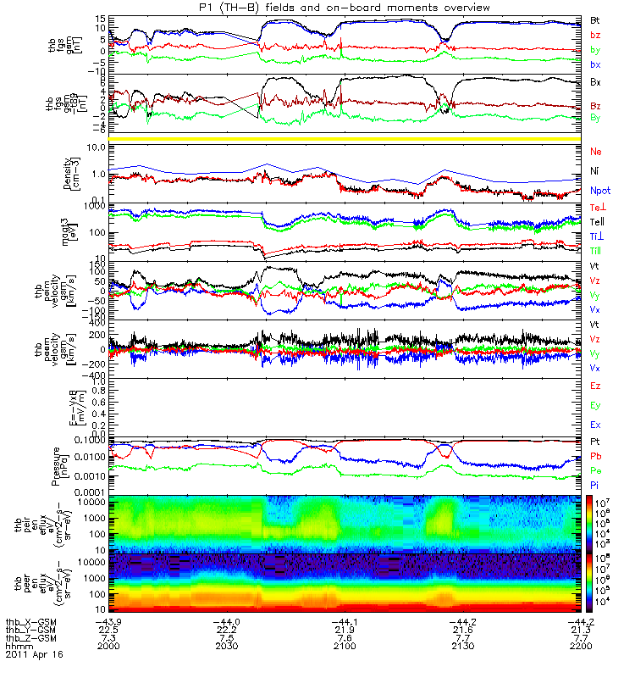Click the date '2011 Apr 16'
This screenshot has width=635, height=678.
34,655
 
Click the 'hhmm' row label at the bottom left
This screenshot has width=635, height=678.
19,646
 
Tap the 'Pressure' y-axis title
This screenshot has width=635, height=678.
54,464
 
